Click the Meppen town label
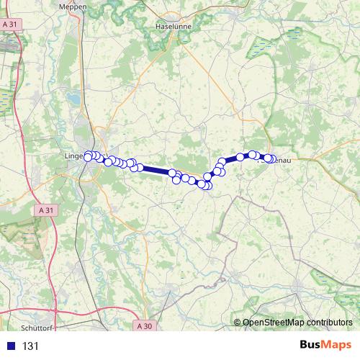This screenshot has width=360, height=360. click(x=76, y=6)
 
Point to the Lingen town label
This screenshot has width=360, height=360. click(x=73, y=156)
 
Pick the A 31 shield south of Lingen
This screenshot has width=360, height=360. click(x=45, y=210)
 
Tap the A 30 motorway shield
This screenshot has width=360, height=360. click(x=145, y=326)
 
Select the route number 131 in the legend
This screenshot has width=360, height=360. click(x=30, y=346)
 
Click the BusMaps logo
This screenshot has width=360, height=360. click(x=325, y=346)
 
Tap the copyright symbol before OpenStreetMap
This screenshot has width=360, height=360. click(x=238, y=323)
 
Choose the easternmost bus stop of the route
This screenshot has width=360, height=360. click(x=272, y=159)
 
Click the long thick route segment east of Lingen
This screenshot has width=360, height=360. click(x=156, y=171)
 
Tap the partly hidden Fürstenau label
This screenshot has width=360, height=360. click(x=279, y=162)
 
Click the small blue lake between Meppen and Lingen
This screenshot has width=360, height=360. click(x=69, y=94)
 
